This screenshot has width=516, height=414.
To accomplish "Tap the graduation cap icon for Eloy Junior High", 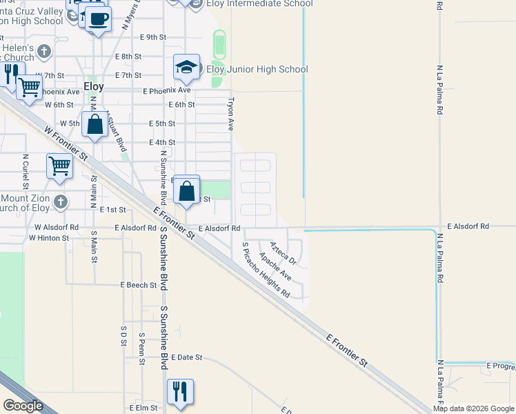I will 186,68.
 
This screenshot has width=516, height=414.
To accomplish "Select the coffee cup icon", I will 99,17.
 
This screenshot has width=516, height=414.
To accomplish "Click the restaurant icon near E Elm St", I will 180,391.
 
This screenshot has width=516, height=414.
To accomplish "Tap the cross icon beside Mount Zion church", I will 61,201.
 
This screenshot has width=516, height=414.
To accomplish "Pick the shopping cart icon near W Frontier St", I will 60,166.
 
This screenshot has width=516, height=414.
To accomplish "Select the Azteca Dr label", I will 283,253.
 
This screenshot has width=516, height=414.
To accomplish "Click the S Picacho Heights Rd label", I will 266,270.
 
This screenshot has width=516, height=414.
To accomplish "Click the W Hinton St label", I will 49,237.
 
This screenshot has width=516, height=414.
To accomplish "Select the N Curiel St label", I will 25,171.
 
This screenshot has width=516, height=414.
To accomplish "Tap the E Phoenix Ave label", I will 166,90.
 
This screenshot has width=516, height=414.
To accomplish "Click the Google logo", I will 23,406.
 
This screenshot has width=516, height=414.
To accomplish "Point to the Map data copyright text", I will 473,408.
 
